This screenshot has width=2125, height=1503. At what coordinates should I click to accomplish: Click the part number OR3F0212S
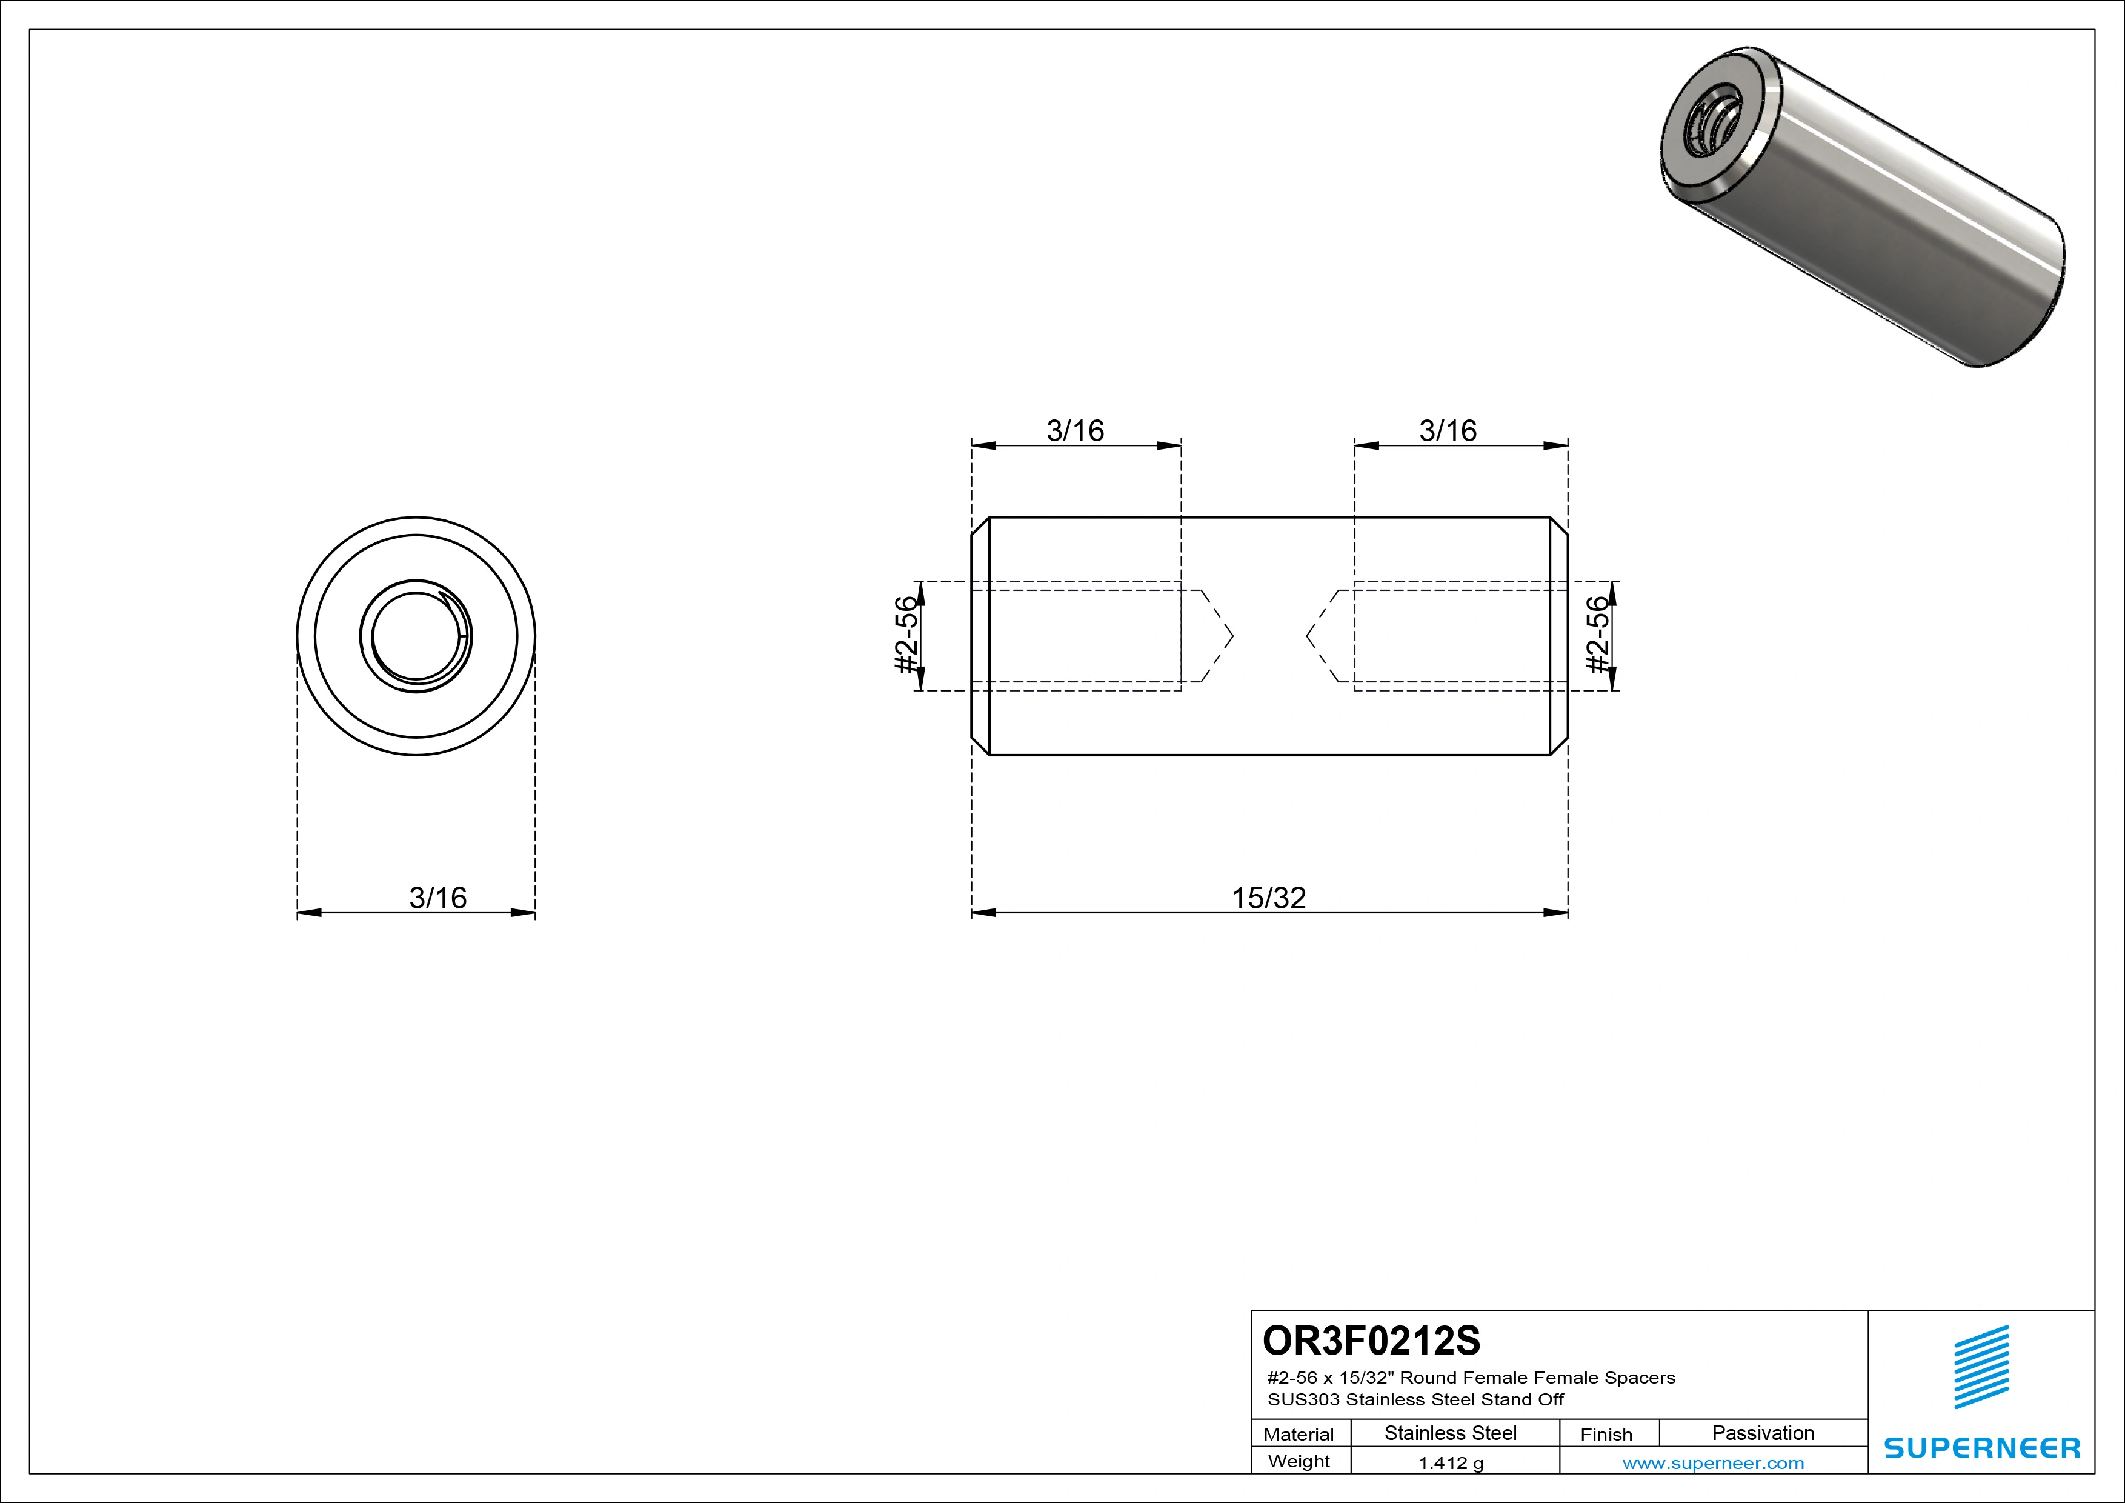1372,1340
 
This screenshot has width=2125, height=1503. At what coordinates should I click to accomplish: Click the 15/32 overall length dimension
1269,898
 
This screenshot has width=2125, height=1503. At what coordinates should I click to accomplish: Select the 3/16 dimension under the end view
437,898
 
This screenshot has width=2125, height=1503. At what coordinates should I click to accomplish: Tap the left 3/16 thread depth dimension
1076,430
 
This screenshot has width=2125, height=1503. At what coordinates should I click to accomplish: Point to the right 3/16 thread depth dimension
1448,430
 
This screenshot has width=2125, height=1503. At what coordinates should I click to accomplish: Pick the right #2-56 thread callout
1597,636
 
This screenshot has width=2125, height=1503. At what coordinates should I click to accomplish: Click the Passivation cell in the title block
1763,1433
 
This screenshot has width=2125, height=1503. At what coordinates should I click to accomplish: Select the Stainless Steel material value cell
1450,1433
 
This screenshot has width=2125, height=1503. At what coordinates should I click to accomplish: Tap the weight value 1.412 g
1450,1463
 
